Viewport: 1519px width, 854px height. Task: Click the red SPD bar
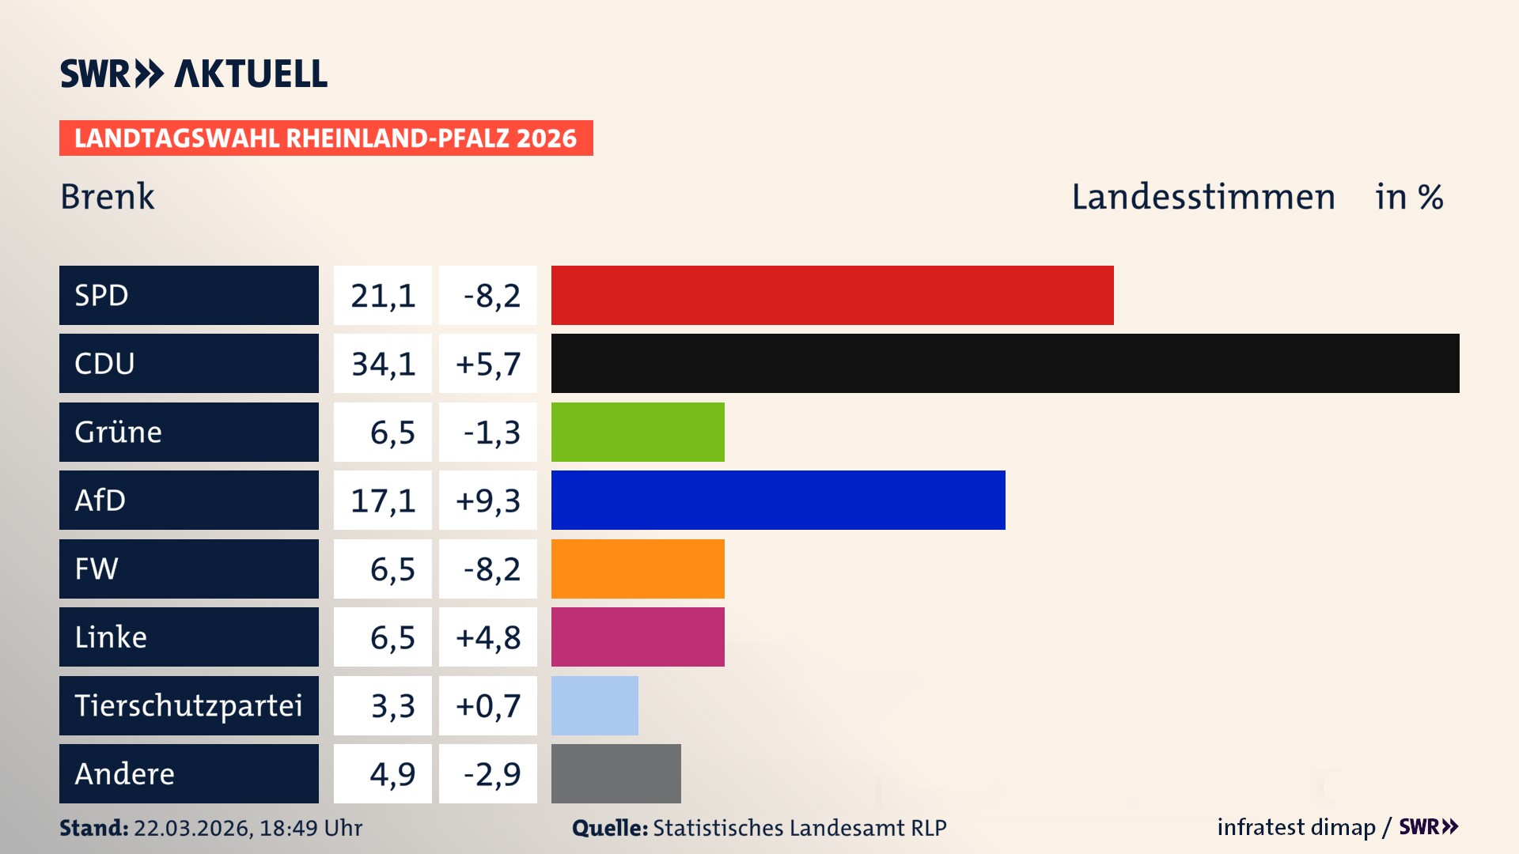[x=832, y=295]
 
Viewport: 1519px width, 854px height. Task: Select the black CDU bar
[x=1005, y=364]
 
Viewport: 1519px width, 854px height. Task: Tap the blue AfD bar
[x=778, y=501]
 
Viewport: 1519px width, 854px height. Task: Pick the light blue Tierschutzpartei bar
[x=594, y=705]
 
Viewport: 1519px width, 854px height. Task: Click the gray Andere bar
[x=616, y=773]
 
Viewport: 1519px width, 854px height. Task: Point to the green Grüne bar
[x=638, y=432]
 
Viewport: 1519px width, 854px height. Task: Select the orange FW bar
[x=638, y=569]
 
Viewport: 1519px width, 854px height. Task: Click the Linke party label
[x=111, y=637]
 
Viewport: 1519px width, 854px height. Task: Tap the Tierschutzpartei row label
[x=188, y=705]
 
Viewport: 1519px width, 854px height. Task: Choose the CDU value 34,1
[x=383, y=364]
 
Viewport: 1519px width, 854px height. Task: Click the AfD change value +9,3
[x=488, y=501]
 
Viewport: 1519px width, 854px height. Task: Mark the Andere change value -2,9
[x=491, y=774]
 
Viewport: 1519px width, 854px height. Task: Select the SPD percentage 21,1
[x=383, y=296]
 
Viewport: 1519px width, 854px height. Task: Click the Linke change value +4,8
[x=488, y=637]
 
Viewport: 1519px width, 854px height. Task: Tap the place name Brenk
[x=108, y=197]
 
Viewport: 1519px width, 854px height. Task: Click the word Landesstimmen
[x=1203, y=197]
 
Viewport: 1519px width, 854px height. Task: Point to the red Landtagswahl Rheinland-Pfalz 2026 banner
[x=326, y=138]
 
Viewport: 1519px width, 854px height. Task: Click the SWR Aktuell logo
[x=194, y=74]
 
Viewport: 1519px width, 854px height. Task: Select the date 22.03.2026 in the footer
[x=192, y=828]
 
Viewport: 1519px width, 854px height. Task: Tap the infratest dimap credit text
[x=1296, y=827]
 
